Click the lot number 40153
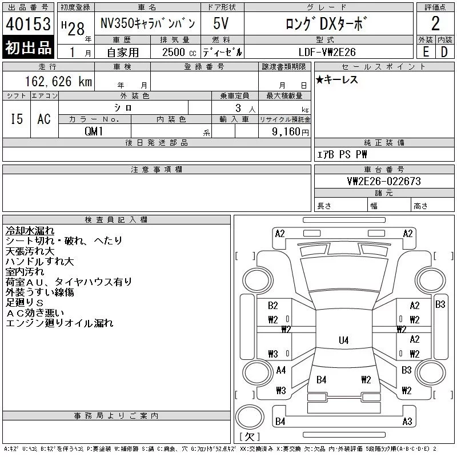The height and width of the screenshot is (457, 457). click(x=28, y=23)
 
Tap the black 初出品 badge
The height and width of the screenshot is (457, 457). click(x=28, y=47)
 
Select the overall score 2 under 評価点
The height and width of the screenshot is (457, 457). click(x=435, y=23)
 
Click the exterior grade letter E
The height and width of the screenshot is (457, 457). click(x=426, y=52)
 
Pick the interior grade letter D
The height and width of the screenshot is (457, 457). click(x=444, y=52)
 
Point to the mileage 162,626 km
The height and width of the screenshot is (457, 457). click(x=59, y=82)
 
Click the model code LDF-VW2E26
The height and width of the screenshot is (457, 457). click(x=327, y=52)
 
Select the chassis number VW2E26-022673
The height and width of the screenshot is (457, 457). click(x=384, y=181)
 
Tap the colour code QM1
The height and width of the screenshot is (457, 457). click(x=94, y=131)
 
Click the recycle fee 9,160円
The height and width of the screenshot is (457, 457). click(x=290, y=132)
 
